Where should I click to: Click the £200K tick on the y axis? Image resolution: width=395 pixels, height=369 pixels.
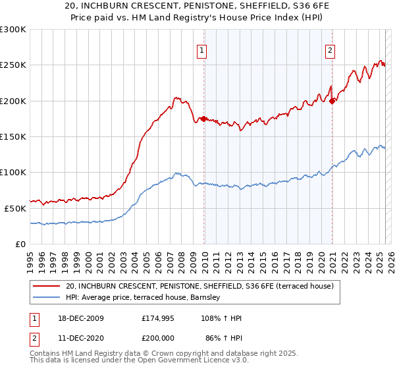13,101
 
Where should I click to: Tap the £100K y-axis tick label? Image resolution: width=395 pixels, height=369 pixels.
13,172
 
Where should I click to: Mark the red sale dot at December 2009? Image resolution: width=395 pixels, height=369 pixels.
204,119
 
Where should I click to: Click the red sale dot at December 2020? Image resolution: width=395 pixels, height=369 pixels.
332,101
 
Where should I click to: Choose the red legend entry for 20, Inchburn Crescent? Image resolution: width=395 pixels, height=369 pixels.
200,287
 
